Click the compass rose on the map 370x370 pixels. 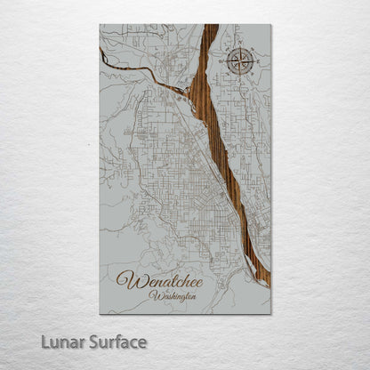pyautogui.click(x=239, y=61)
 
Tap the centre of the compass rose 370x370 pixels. pyautogui.click(x=239, y=61)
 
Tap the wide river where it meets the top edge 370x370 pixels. pyautogui.click(x=212, y=26)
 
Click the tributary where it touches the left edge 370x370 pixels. pyautogui.click(x=101, y=53)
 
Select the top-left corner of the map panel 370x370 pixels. pyautogui.click(x=100, y=25)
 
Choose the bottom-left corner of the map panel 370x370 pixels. pyautogui.click(x=100, y=314)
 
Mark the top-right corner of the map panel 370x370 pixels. pyautogui.click(x=270, y=25)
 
